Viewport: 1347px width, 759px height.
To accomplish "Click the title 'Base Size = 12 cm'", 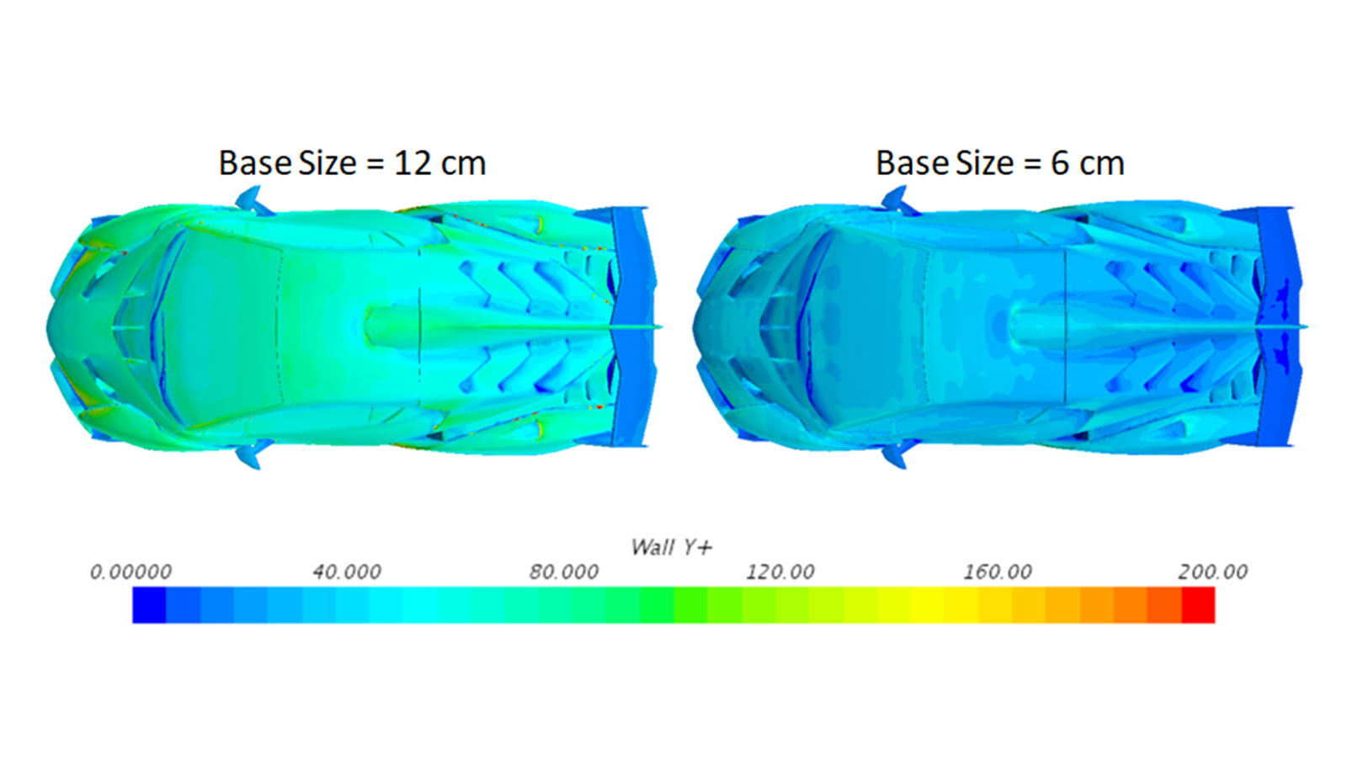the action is coord(352,163).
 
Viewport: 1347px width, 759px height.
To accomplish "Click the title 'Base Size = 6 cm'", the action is coord(999,163).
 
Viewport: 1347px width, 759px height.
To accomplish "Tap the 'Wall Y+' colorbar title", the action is coord(671,547).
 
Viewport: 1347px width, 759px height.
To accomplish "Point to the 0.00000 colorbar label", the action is coord(130,571).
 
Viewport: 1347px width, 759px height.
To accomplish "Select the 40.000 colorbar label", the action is coord(347,571).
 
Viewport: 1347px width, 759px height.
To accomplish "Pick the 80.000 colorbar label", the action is coord(564,571).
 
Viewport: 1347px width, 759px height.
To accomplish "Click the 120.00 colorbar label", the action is coord(780,571).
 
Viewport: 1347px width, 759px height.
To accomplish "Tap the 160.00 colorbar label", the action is coord(998,571).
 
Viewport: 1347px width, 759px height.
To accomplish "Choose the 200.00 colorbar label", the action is coord(1213,571).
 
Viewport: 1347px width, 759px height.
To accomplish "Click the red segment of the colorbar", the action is coord(1198,605).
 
